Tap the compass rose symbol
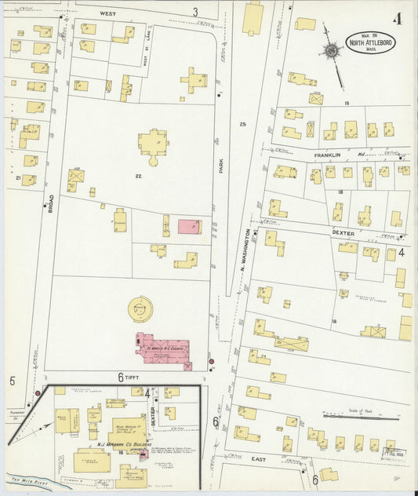332,52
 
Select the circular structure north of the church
141,308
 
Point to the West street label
108,13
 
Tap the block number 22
138,177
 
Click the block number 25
242,125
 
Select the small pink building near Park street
189,227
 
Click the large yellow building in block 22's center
152,143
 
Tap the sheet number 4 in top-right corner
398,19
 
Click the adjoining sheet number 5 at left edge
13,381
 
